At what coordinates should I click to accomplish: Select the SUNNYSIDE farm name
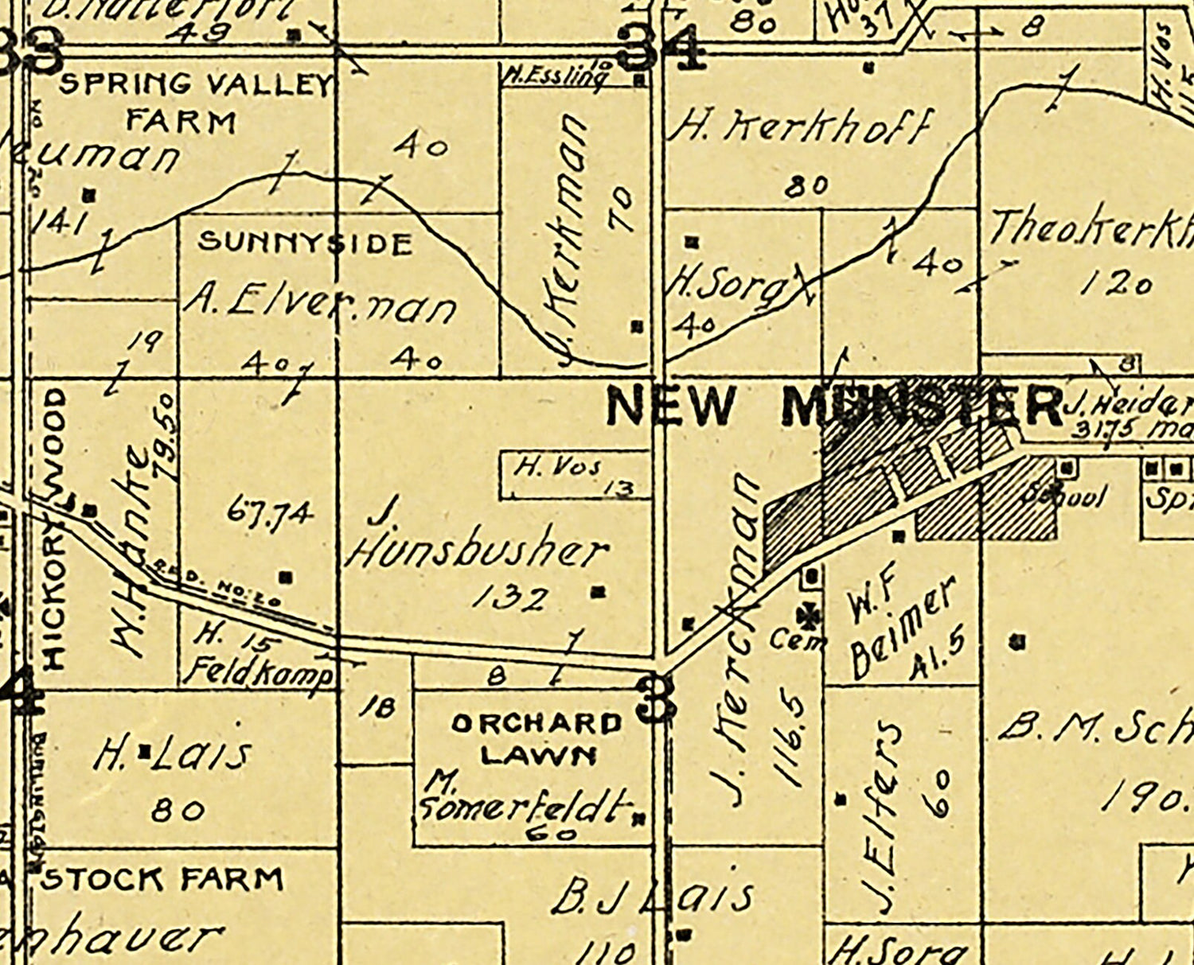[305, 243]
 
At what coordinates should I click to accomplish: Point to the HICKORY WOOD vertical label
[53, 529]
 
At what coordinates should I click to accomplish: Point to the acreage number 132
[510, 598]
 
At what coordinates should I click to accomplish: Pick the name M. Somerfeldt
[525, 799]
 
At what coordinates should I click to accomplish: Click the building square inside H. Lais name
[146, 750]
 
